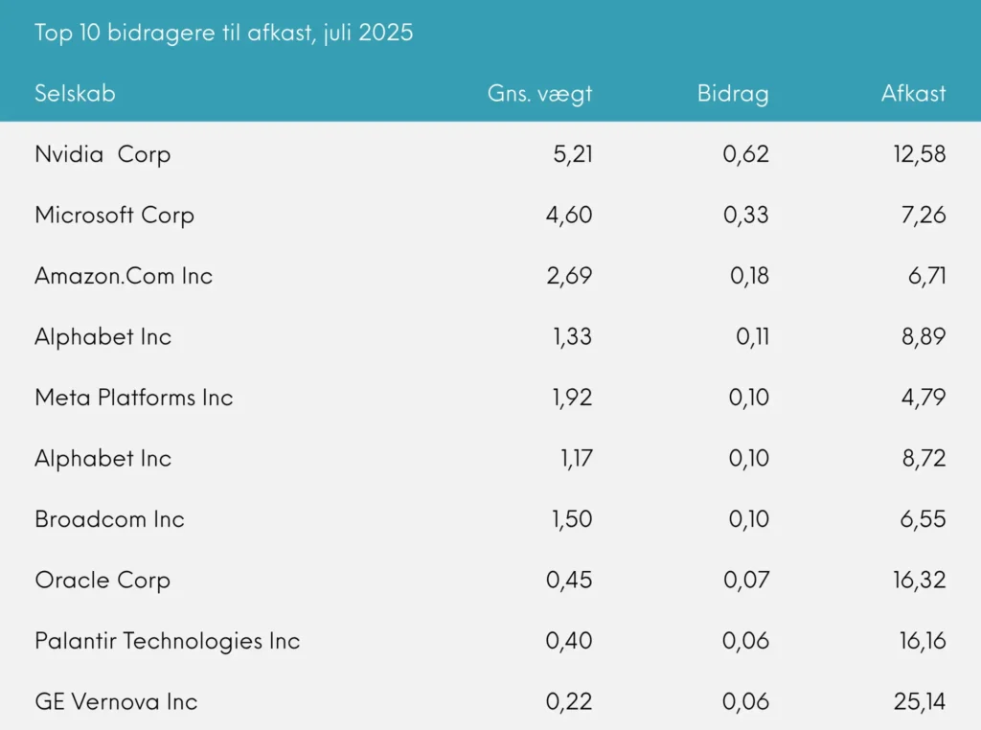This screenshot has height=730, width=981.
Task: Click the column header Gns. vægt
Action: coord(539,94)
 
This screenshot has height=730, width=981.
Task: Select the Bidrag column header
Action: coord(733,94)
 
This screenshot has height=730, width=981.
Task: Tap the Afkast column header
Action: coord(913,94)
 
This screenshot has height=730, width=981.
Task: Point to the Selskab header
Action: coord(75,94)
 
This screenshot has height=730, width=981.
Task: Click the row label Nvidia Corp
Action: coord(103,154)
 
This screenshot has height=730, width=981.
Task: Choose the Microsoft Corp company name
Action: coord(114,215)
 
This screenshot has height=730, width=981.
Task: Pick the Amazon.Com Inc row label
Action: coord(124,276)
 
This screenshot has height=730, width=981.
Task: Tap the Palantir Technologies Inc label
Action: coord(168,641)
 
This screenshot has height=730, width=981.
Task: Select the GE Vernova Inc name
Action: coord(116,701)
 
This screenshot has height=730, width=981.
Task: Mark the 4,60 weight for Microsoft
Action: coord(569,215)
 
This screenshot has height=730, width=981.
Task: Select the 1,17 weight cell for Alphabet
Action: coord(576,458)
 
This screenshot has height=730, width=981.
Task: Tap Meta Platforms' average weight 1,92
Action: coord(571,398)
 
